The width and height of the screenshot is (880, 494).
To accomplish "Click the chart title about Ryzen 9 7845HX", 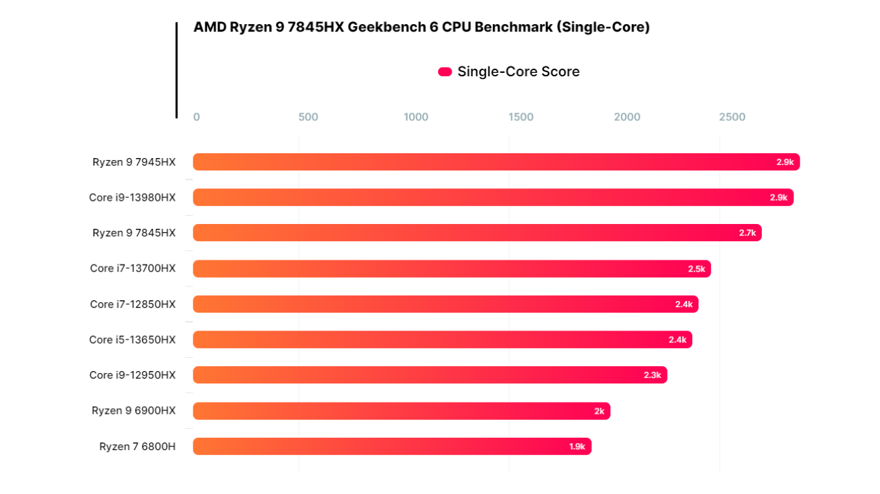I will click(421, 27).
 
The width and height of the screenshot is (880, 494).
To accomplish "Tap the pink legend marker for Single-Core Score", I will click(445, 71).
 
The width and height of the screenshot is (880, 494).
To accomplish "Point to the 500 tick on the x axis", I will click(308, 117).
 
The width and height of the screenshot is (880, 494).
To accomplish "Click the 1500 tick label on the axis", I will click(520, 117).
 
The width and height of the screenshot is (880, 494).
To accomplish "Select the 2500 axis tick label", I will click(732, 117).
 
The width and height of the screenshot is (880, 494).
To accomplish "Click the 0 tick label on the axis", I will click(197, 117).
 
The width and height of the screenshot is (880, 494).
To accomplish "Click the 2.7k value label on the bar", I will click(747, 233).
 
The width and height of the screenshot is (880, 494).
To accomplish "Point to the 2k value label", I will click(599, 411).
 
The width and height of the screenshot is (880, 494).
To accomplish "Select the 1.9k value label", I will click(577, 447).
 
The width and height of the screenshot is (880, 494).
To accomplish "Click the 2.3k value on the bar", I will click(652, 375).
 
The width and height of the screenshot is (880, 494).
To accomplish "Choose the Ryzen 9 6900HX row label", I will click(133, 411).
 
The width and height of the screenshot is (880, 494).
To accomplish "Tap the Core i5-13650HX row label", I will click(132, 339).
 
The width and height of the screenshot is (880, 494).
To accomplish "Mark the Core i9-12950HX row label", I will click(132, 375).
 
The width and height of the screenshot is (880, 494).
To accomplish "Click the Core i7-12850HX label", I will click(133, 304).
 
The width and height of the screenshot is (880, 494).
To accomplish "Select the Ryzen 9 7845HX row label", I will click(134, 233).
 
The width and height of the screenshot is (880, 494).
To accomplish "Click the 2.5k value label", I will click(696, 269).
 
